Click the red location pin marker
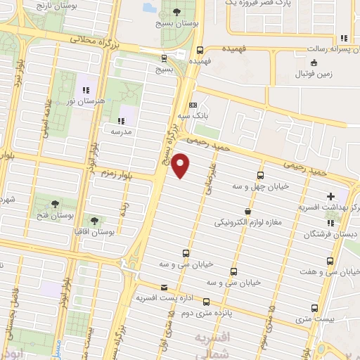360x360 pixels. [181, 165]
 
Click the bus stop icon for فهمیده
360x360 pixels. [200, 50]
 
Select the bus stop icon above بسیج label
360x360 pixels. [164, 59]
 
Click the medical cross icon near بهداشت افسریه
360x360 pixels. [331, 195]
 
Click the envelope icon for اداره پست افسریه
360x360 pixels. [164, 288]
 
